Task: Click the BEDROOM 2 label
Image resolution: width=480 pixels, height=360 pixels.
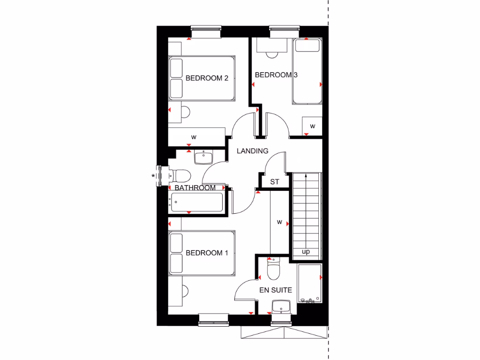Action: pyautogui.click(x=207, y=78)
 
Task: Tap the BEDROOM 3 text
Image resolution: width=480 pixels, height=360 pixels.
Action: pyautogui.click(x=276, y=75)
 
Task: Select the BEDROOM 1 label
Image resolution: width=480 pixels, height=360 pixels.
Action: pyautogui.click(x=207, y=253)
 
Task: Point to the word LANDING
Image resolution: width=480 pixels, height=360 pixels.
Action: pyautogui.click(x=252, y=151)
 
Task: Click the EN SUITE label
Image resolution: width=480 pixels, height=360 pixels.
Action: pyautogui.click(x=276, y=290)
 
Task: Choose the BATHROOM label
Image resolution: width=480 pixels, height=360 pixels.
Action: pyautogui.click(x=195, y=187)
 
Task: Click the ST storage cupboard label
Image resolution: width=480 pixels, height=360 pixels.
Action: pyautogui.click(x=275, y=182)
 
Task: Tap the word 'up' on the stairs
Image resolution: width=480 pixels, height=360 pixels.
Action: pyautogui.click(x=306, y=252)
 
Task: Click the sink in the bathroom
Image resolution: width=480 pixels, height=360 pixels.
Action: pyautogui.click(x=203, y=157)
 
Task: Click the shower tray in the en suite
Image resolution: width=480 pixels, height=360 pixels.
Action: pyautogui.click(x=310, y=283)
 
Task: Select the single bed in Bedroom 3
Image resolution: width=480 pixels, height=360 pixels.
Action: pyautogui.click(x=307, y=71)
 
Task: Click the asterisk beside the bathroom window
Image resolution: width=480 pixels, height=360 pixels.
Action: pyautogui.click(x=153, y=176)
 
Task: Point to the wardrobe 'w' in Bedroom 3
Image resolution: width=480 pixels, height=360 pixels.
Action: pyautogui.click(x=312, y=126)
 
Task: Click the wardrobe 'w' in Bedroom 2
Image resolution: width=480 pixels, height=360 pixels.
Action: pyautogui.click(x=193, y=137)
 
